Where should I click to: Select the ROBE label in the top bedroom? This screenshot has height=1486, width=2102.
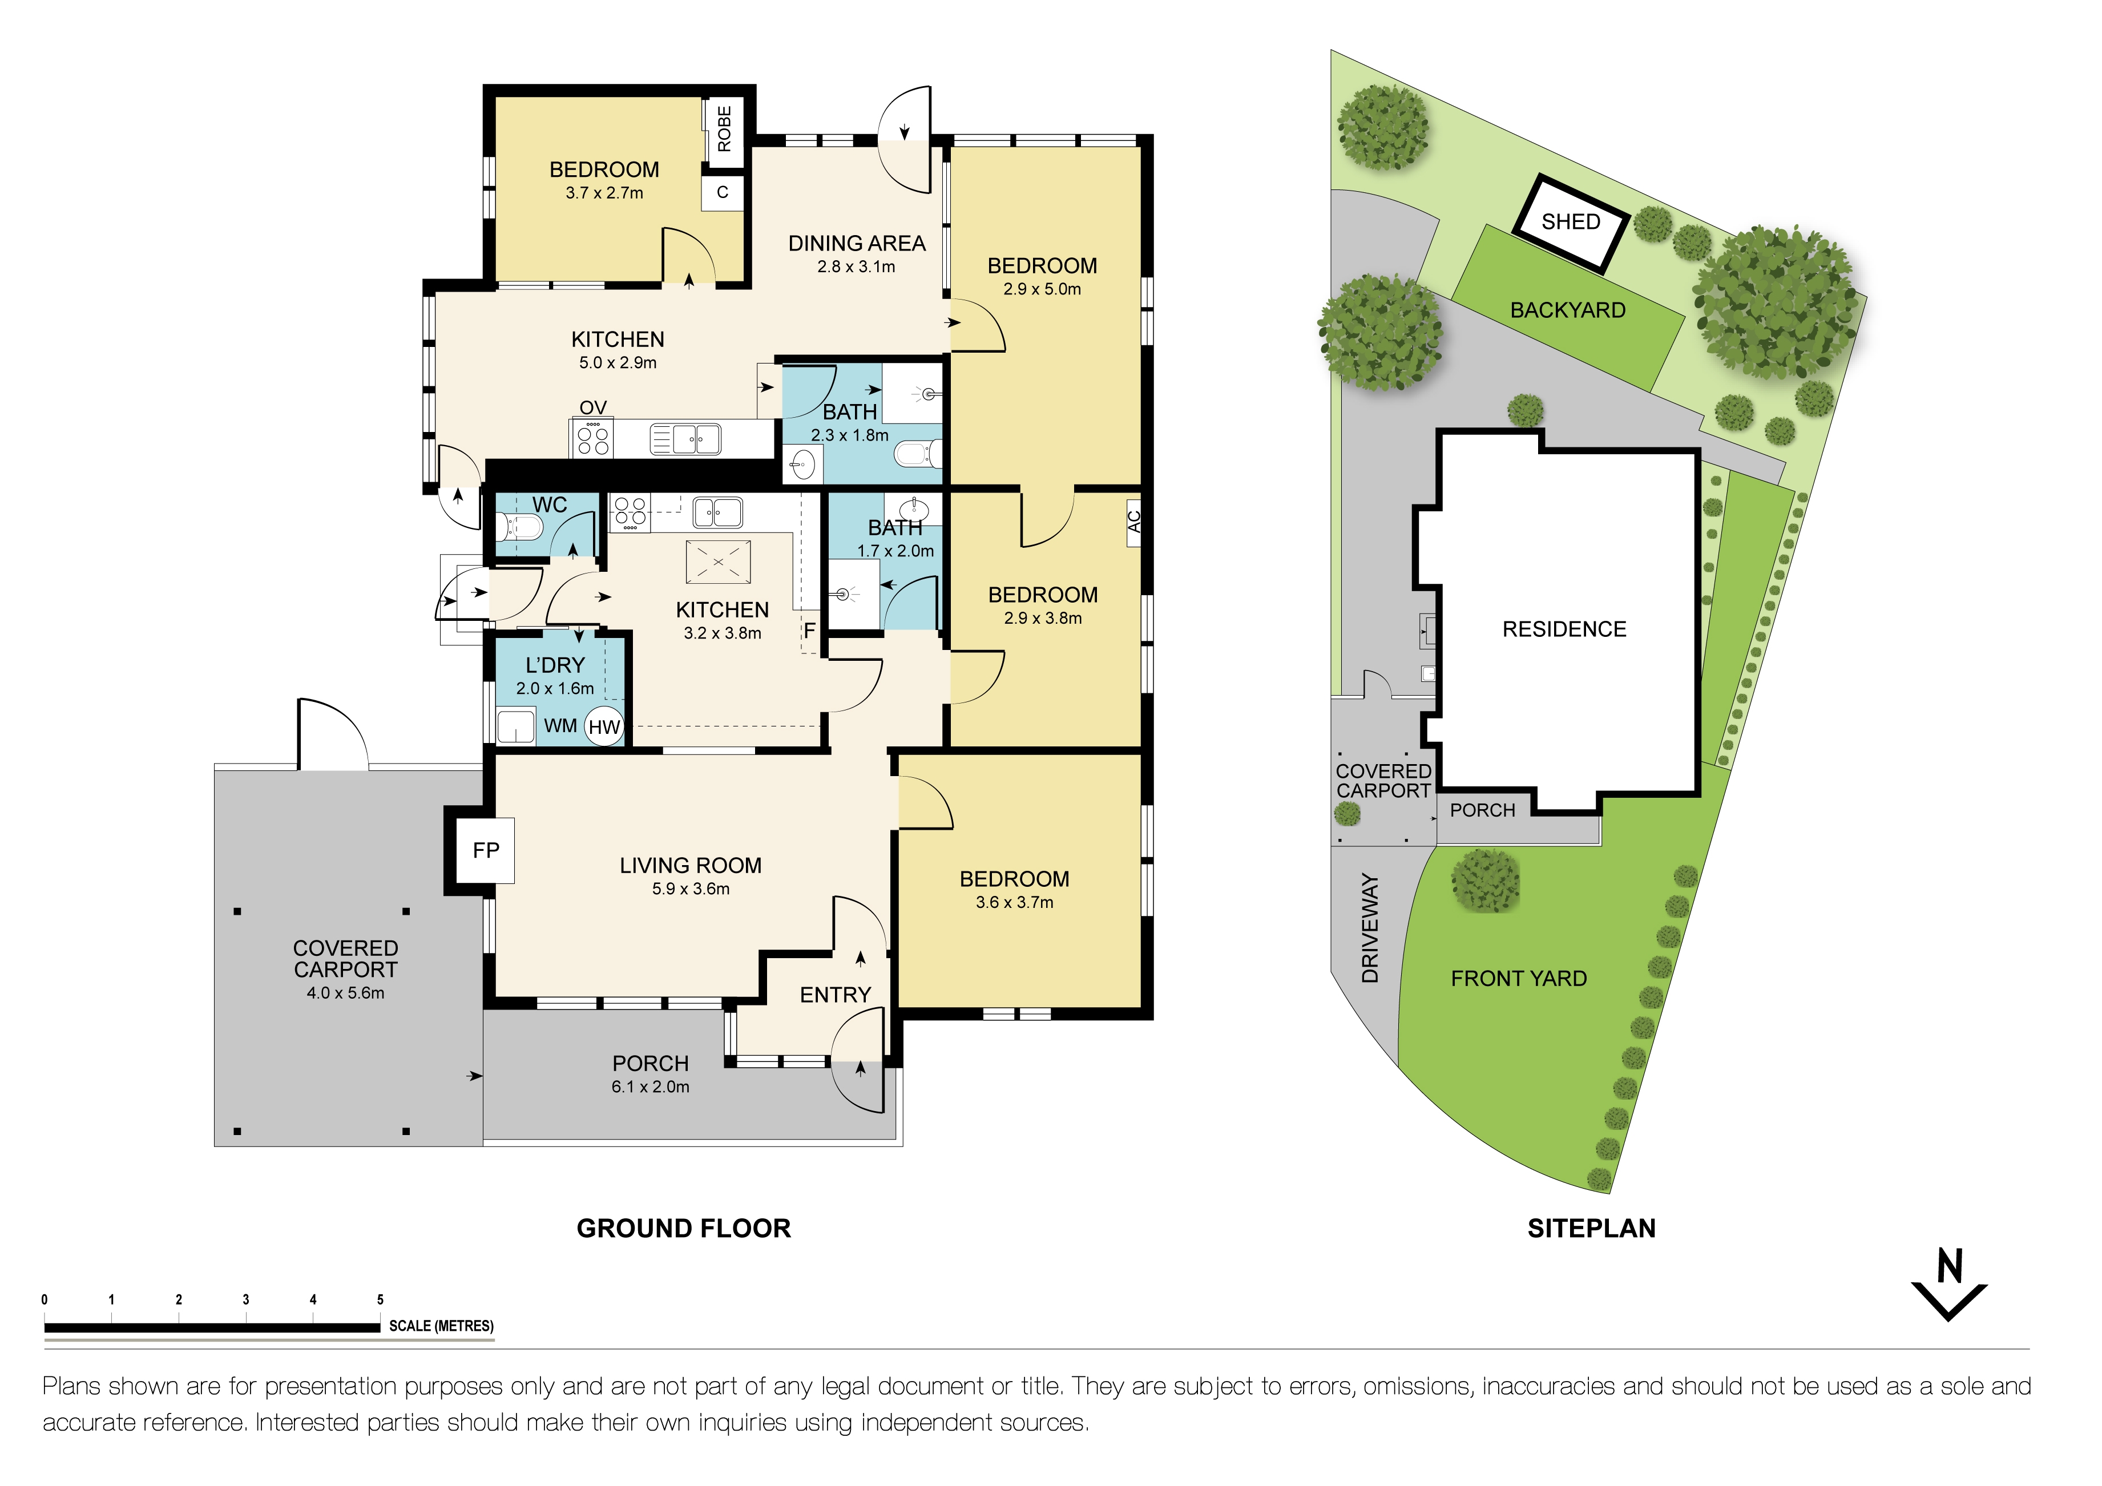pos(724,129)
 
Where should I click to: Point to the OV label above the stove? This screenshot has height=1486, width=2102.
pos(593,407)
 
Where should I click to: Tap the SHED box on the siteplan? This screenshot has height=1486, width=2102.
pos(1571,223)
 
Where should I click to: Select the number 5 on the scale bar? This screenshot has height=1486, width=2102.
pos(380,1299)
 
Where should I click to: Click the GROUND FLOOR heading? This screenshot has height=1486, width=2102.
pos(683,1229)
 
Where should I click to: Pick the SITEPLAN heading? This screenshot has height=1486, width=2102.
pos(1591,1229)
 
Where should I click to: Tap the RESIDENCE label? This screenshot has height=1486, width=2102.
pos(1564,629)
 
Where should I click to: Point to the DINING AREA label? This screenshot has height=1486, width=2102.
pos(856,244)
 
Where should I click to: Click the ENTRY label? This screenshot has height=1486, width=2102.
pos(835,995)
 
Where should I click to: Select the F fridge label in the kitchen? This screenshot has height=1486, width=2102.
pos(809,630)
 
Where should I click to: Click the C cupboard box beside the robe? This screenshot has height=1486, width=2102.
pos(723,192)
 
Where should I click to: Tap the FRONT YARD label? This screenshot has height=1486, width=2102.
pos(1518,979)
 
